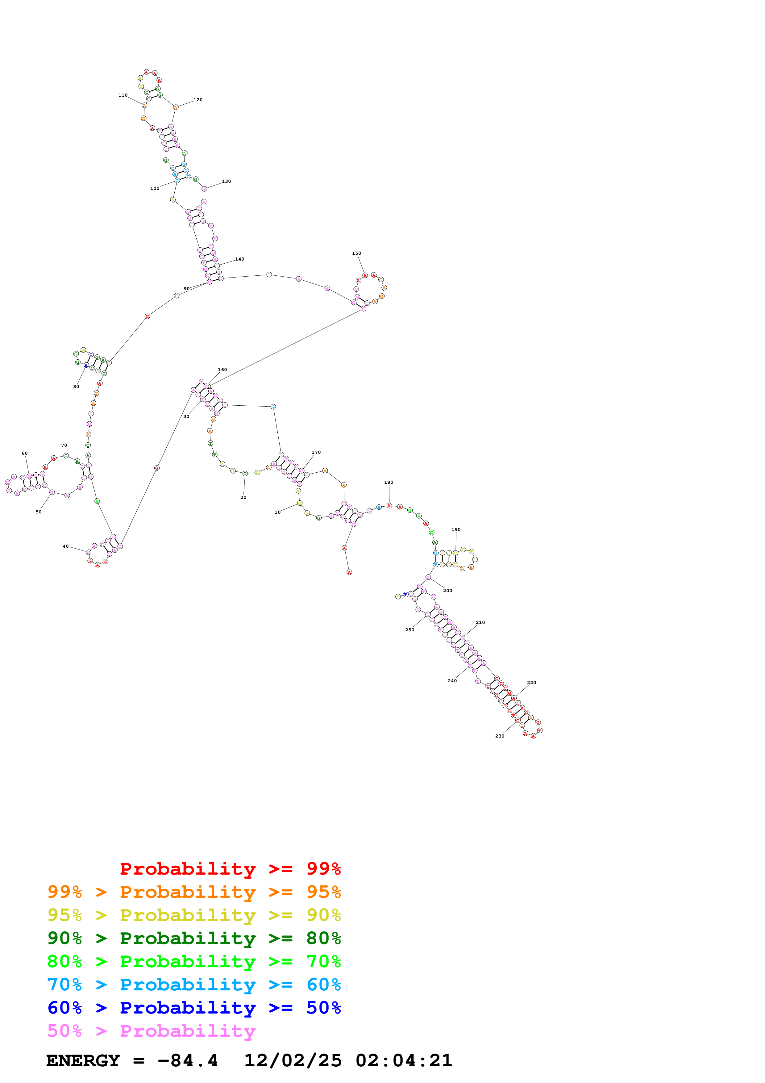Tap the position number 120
point(198,100)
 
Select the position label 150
point(356,253)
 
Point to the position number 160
point(222,370)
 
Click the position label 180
point(389,483)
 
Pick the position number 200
point(447,591)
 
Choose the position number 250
point(410,630)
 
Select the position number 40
point(65,546)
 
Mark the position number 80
point(76,387)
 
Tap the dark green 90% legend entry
point(194,938)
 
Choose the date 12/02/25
point(293,1061)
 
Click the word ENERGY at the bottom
point(83,1061)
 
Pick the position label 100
point(155,189)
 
